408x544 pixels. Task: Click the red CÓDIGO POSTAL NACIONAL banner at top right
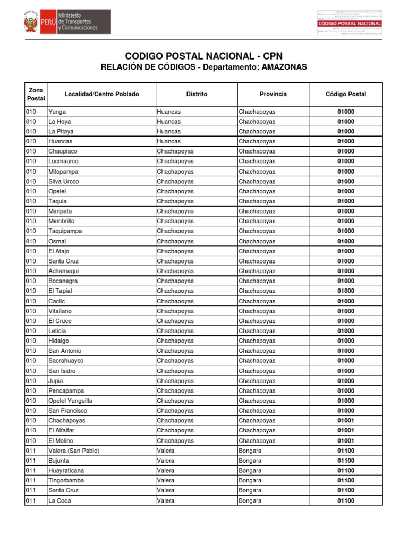tap(350, 24)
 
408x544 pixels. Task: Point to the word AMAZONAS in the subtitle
tap(284, 67)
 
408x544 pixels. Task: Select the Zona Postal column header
tap(36, 94)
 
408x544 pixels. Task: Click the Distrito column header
tap(197, 94)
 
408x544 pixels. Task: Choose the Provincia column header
tap(273, 94)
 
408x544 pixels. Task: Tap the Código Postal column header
tap(345, 94)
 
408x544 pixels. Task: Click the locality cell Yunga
tap(57, 112)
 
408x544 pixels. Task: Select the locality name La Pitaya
tap(61, 131)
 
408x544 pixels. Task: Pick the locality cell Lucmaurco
tap(63, 161)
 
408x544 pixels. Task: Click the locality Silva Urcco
tap(63, 181)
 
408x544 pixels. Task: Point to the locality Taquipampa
tap(65, 231)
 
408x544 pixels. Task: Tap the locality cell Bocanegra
tap(63, 280)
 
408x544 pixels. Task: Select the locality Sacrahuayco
tap(66, 361)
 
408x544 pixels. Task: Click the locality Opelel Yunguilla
tap(70, 401)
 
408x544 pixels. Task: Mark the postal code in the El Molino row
tap(345, 441)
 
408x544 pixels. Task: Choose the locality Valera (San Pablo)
tap(74, 450)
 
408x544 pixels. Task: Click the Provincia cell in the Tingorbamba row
tap(250, 480)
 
